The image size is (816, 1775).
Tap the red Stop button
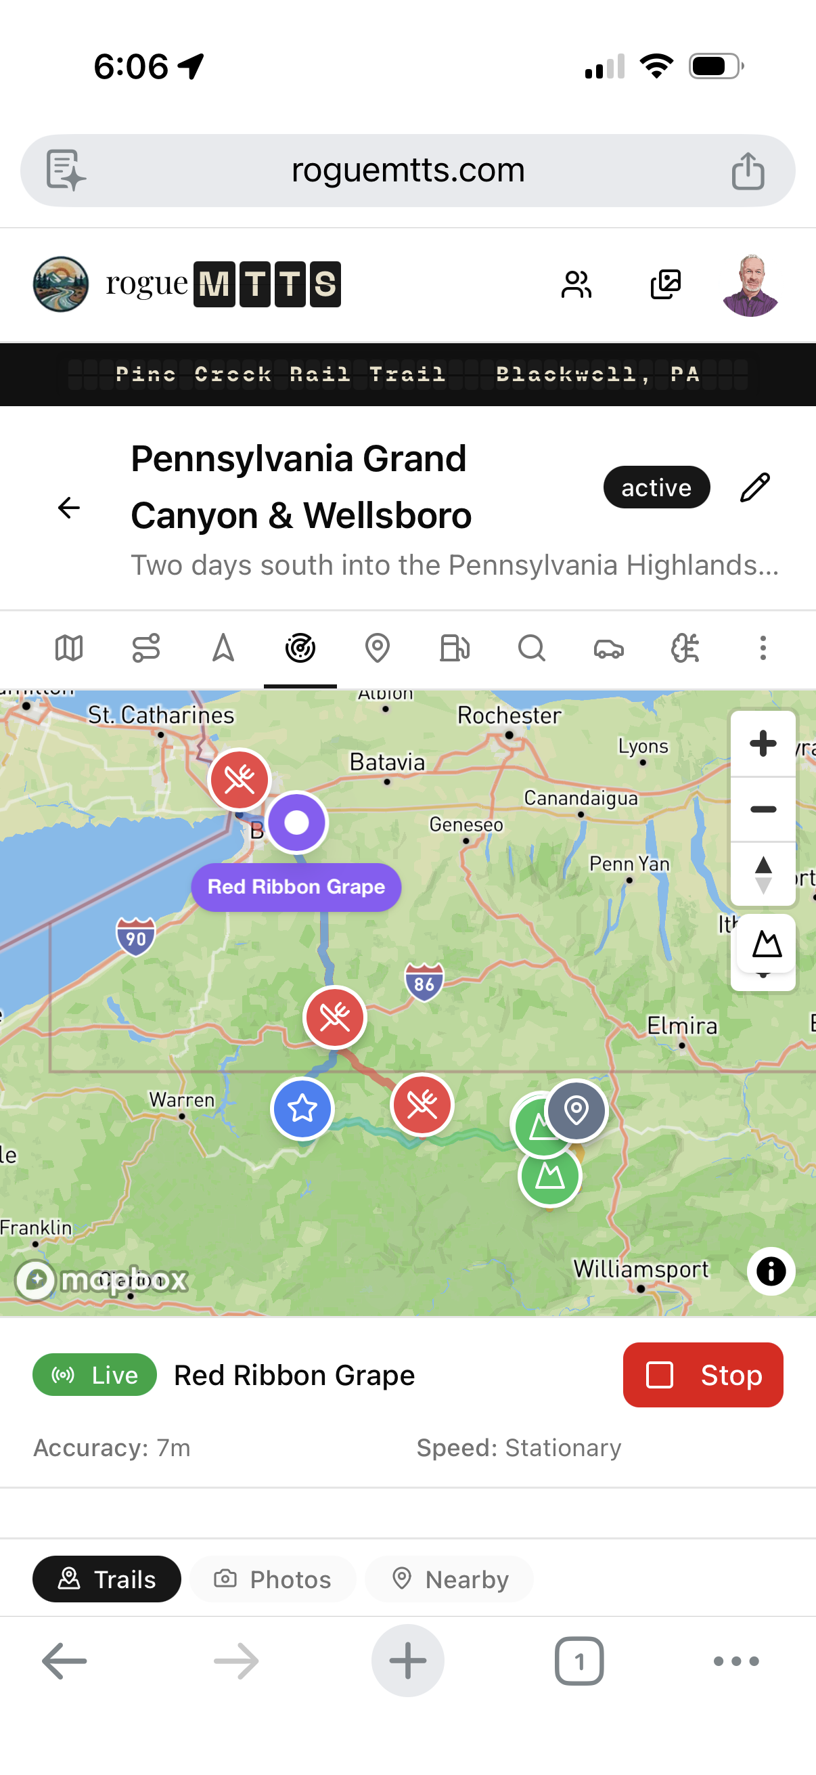coord(702,1375)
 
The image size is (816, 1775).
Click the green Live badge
coord(94,1375)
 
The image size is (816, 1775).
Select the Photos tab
coord(273,1579)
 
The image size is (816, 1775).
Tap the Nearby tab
coord(450,1579)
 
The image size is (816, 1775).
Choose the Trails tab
coord(107,1579)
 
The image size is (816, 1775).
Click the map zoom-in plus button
coord(763,743)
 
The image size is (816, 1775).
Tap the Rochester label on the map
coord(509,716)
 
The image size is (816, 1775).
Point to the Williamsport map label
coord(640,1269)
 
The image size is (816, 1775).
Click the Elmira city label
coord(682,1026)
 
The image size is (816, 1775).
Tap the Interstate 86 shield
coord(424,982)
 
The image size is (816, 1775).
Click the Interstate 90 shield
coord(135,937)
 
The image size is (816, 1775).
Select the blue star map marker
coord(302,1109)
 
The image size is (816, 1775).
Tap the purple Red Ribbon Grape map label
coord(296,887)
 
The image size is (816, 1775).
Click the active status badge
coord(656,487)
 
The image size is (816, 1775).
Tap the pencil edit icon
coord(754,487)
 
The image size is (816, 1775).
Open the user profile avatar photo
coord(750,284)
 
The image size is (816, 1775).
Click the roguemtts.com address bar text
coord(407,170)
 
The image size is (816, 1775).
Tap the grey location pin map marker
coord(576,1110)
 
